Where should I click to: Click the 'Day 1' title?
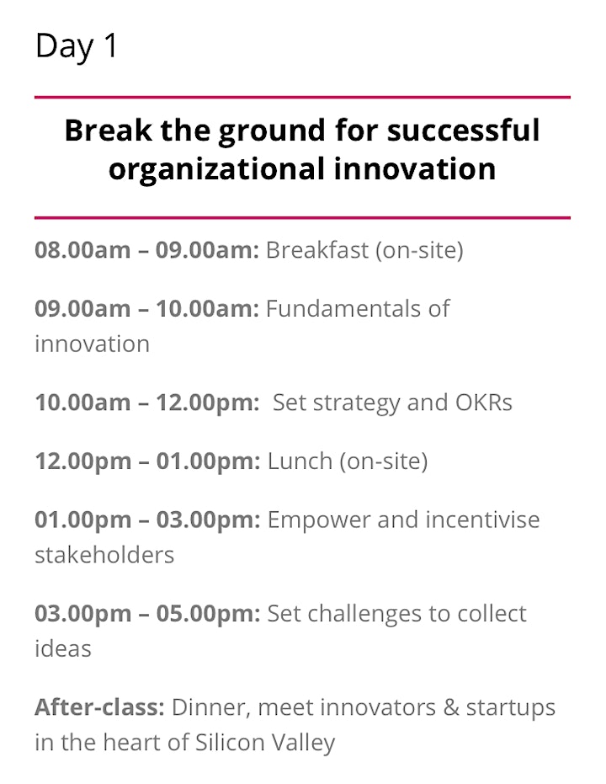(77, 46)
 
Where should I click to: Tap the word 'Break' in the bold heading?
(108, 130)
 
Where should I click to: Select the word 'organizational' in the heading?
(216, 169)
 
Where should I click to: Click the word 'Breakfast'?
(316, 249)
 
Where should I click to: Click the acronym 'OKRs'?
(484, 402)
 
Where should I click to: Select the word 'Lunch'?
(300, 461)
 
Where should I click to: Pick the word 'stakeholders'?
(104, 554)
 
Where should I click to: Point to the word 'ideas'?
(63, 648)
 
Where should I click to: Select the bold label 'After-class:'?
(99, 707)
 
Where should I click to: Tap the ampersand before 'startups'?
(450, 707)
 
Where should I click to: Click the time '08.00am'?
(82, 249)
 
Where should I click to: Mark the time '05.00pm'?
(209, 615)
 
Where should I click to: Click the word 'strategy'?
(357, 403)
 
